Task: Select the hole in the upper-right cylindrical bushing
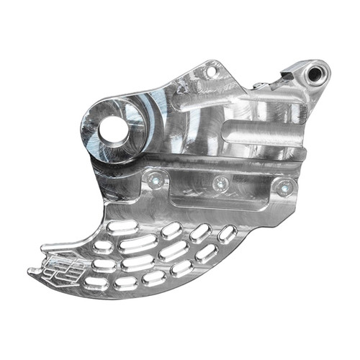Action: [315, 73]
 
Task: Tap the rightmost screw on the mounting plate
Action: [285, 189]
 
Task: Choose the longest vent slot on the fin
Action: [138, 243]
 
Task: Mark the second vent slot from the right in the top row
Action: [200, 230]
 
